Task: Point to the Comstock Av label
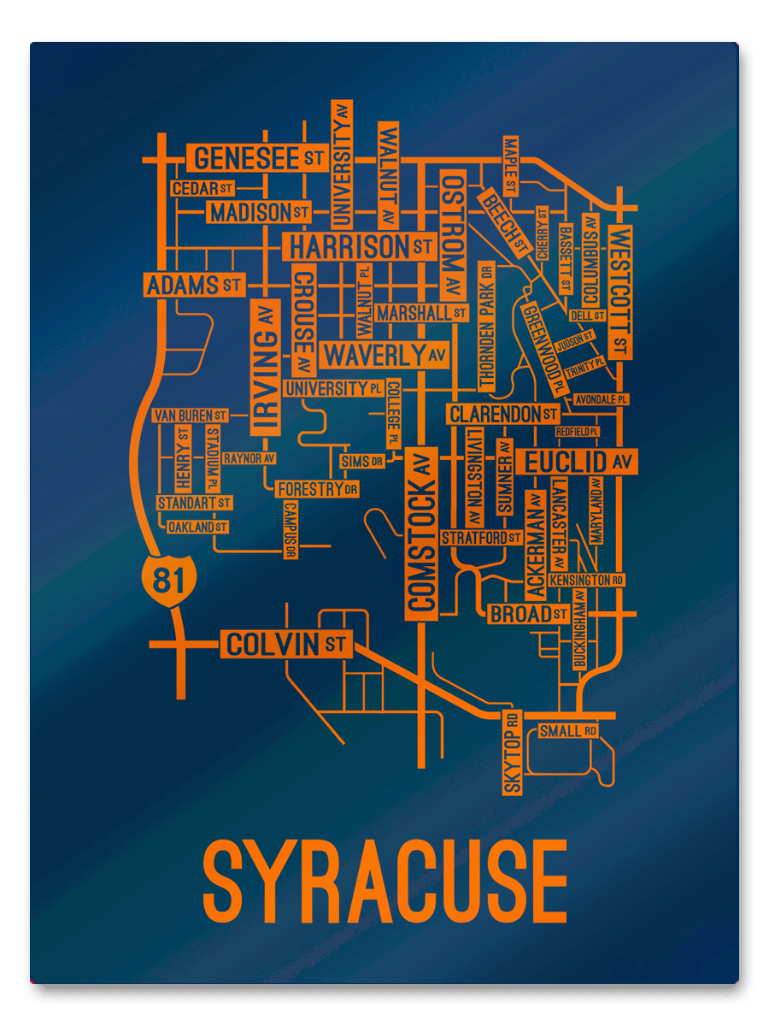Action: (421, 533)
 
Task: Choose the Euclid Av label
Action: (579, 463)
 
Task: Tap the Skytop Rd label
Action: (512, 752)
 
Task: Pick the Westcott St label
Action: (621, 292)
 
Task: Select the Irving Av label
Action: (265, 368)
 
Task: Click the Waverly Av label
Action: (384, 354)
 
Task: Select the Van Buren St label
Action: (191, 416)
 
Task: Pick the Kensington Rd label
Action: (587, 581)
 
